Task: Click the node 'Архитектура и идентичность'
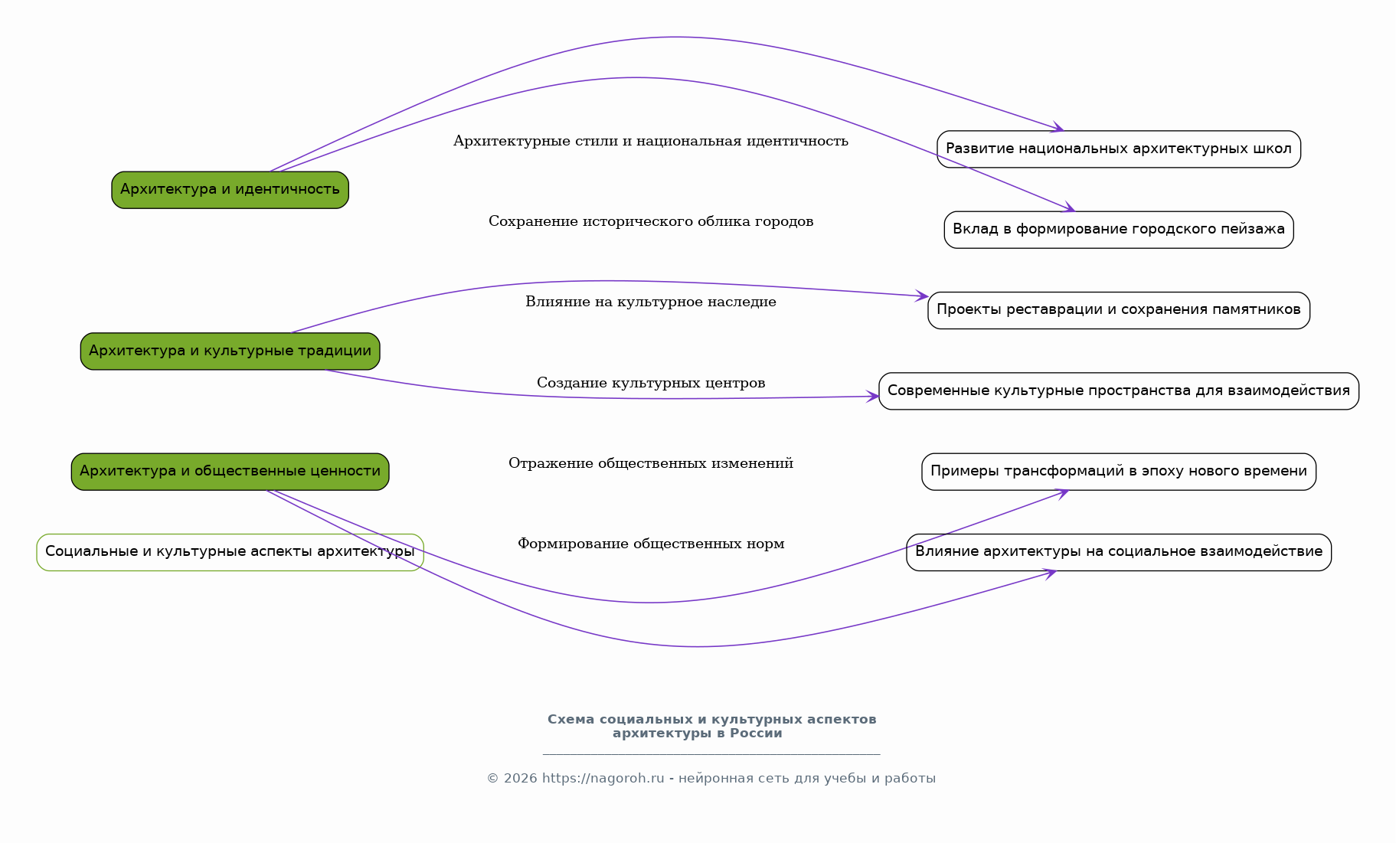(230, 190)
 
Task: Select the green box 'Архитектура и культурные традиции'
(230, 351)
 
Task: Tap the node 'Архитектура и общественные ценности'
(230, 472)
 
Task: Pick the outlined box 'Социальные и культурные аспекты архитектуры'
(230, 552)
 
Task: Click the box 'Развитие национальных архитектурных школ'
(1118, 149)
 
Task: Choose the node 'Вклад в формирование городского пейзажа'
(1118, 230)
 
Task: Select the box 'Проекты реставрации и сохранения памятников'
(1118, 310)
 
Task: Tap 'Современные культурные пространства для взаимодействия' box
(1118, 391)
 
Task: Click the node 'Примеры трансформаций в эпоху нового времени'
(1118, 472)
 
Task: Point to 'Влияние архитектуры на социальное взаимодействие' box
(1118, 552)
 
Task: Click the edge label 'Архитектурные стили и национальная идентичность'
(650, 142)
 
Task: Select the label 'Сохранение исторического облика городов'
(650, 222)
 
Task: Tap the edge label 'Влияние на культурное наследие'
(650, 302)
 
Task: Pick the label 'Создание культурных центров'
(650, 384)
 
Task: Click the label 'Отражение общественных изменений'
(650, 464)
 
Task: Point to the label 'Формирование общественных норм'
(650, 544)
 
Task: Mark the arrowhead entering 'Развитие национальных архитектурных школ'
(1058, 129)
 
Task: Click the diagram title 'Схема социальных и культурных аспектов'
(711, 720)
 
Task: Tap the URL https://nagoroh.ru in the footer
(603, 779)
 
